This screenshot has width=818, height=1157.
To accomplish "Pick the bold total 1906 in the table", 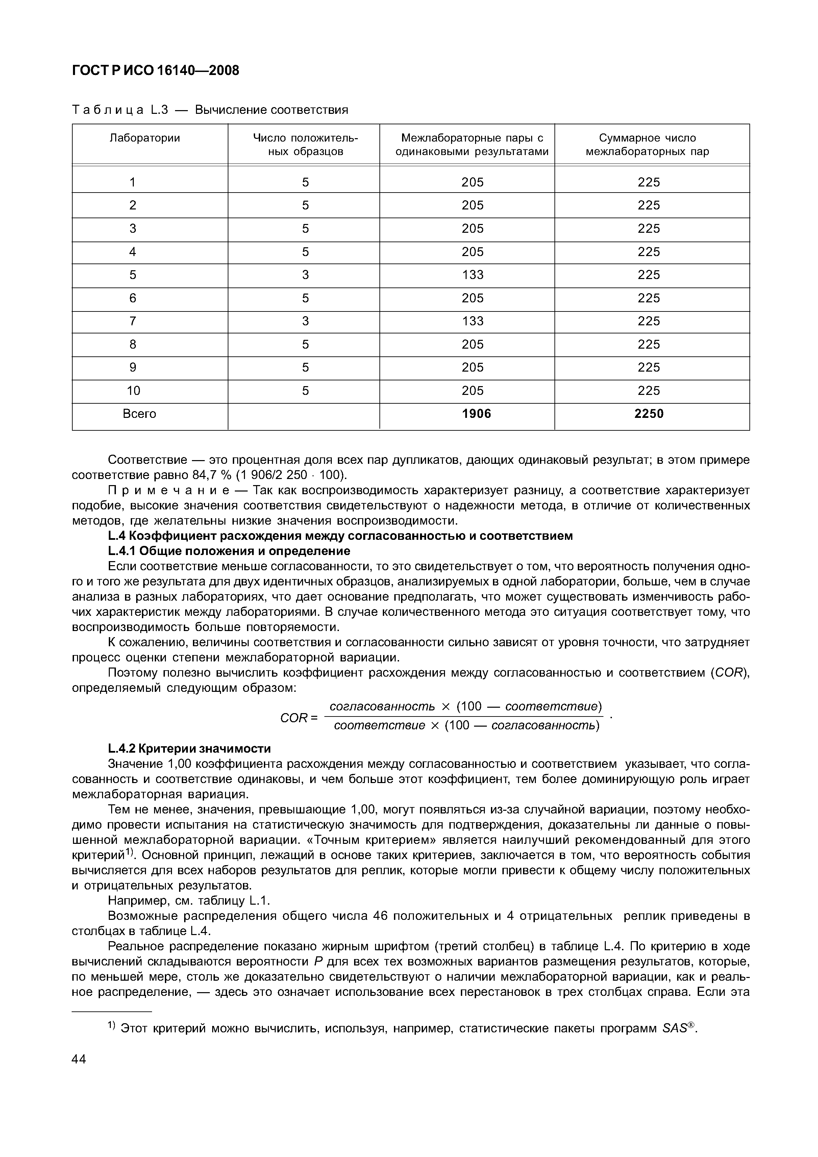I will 476,414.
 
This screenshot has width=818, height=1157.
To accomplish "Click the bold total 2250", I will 649,414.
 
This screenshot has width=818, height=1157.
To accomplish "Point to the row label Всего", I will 140,414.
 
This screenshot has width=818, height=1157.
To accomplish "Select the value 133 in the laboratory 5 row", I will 472,275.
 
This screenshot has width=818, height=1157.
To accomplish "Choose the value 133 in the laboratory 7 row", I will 472,321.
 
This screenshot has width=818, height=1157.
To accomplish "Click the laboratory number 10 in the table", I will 133,391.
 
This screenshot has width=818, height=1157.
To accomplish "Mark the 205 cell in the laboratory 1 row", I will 472,182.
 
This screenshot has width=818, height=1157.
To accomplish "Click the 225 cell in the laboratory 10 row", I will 649,391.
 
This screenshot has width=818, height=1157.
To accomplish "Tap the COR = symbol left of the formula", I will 298,718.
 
